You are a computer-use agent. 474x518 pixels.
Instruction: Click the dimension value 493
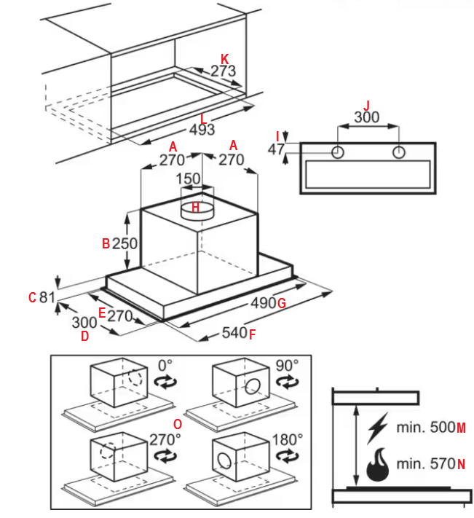pos(202,130)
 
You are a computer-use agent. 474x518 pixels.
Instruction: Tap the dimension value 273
pos(223,71)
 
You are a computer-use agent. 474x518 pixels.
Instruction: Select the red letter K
pos(224,58)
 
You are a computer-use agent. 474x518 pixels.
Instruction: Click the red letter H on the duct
pos(194,208)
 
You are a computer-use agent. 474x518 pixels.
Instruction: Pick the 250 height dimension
pos(125,244)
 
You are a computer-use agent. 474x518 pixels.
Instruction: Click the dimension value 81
pos(47,297)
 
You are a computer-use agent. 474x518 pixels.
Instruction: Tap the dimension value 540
pos(233,334)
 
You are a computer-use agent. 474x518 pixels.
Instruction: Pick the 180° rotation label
pos(288,439)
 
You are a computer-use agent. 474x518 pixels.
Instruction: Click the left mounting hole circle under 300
pos(338,153)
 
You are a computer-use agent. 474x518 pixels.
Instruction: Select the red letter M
pos(461,427)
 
